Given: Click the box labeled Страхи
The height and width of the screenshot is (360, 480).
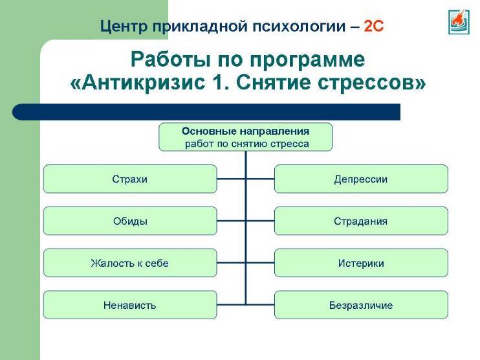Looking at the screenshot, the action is pos(130,179).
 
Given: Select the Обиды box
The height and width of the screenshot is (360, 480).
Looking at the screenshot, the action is pos(130,221).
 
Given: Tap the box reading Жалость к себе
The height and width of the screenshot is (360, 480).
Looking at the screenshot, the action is pos(130,263).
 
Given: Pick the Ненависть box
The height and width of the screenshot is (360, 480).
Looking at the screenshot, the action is pos(130,305).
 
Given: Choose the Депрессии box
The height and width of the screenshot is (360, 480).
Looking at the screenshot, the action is pos(361,179).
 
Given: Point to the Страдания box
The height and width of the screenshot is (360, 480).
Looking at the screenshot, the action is pos(361,221).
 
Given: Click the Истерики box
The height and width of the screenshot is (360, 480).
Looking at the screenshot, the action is pos(361,263).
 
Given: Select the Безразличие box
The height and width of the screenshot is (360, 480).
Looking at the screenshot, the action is pos(361,305).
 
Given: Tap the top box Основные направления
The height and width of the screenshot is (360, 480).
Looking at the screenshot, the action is pos(246,137).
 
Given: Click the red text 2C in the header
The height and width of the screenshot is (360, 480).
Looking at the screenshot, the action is pos(374,27).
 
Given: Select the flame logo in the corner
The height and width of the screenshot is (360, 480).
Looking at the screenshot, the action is pos(459,22).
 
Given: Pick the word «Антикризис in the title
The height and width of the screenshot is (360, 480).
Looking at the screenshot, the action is pos(137,83).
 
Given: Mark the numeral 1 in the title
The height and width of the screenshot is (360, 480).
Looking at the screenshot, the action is pos(219,82).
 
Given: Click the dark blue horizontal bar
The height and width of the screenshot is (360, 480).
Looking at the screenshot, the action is pos(206,112).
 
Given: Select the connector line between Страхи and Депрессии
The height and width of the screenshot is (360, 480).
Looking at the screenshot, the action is pos(246,179).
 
